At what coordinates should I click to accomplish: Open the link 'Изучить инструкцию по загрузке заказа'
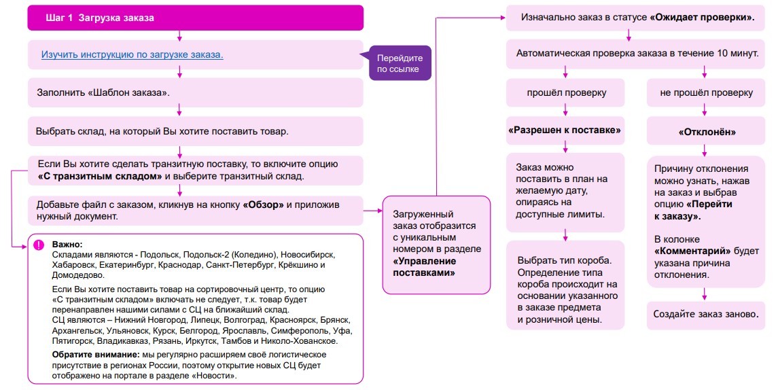(x=132, y=54)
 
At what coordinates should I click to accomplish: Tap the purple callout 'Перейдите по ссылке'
(x=400, y=63)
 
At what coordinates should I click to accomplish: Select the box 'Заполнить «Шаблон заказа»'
(x=195, y=92)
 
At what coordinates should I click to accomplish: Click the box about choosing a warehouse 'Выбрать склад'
(x=195, y=132)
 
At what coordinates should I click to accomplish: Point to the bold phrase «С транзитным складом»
(x=100, y=176)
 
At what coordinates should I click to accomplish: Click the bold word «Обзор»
(x=263, y=205)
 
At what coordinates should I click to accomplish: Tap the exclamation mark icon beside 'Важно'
(x=39, y=245)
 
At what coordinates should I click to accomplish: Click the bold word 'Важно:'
(x=67, y=245)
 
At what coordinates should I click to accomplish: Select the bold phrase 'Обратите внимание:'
(x=96, y=355)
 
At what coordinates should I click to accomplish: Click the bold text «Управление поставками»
(x=424, y=267)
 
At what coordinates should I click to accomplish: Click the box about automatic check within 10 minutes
(x=635, y=54)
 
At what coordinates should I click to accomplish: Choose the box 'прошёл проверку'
(x=565, y=93)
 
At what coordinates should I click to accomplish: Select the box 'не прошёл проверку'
(x=705, y=93)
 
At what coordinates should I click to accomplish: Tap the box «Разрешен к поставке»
(x=565, y=130)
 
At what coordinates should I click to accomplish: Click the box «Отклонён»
(x=705, y=132)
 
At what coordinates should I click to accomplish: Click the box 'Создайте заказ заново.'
(x=705, y=314)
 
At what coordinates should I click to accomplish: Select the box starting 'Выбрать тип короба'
(x=565, y=285)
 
